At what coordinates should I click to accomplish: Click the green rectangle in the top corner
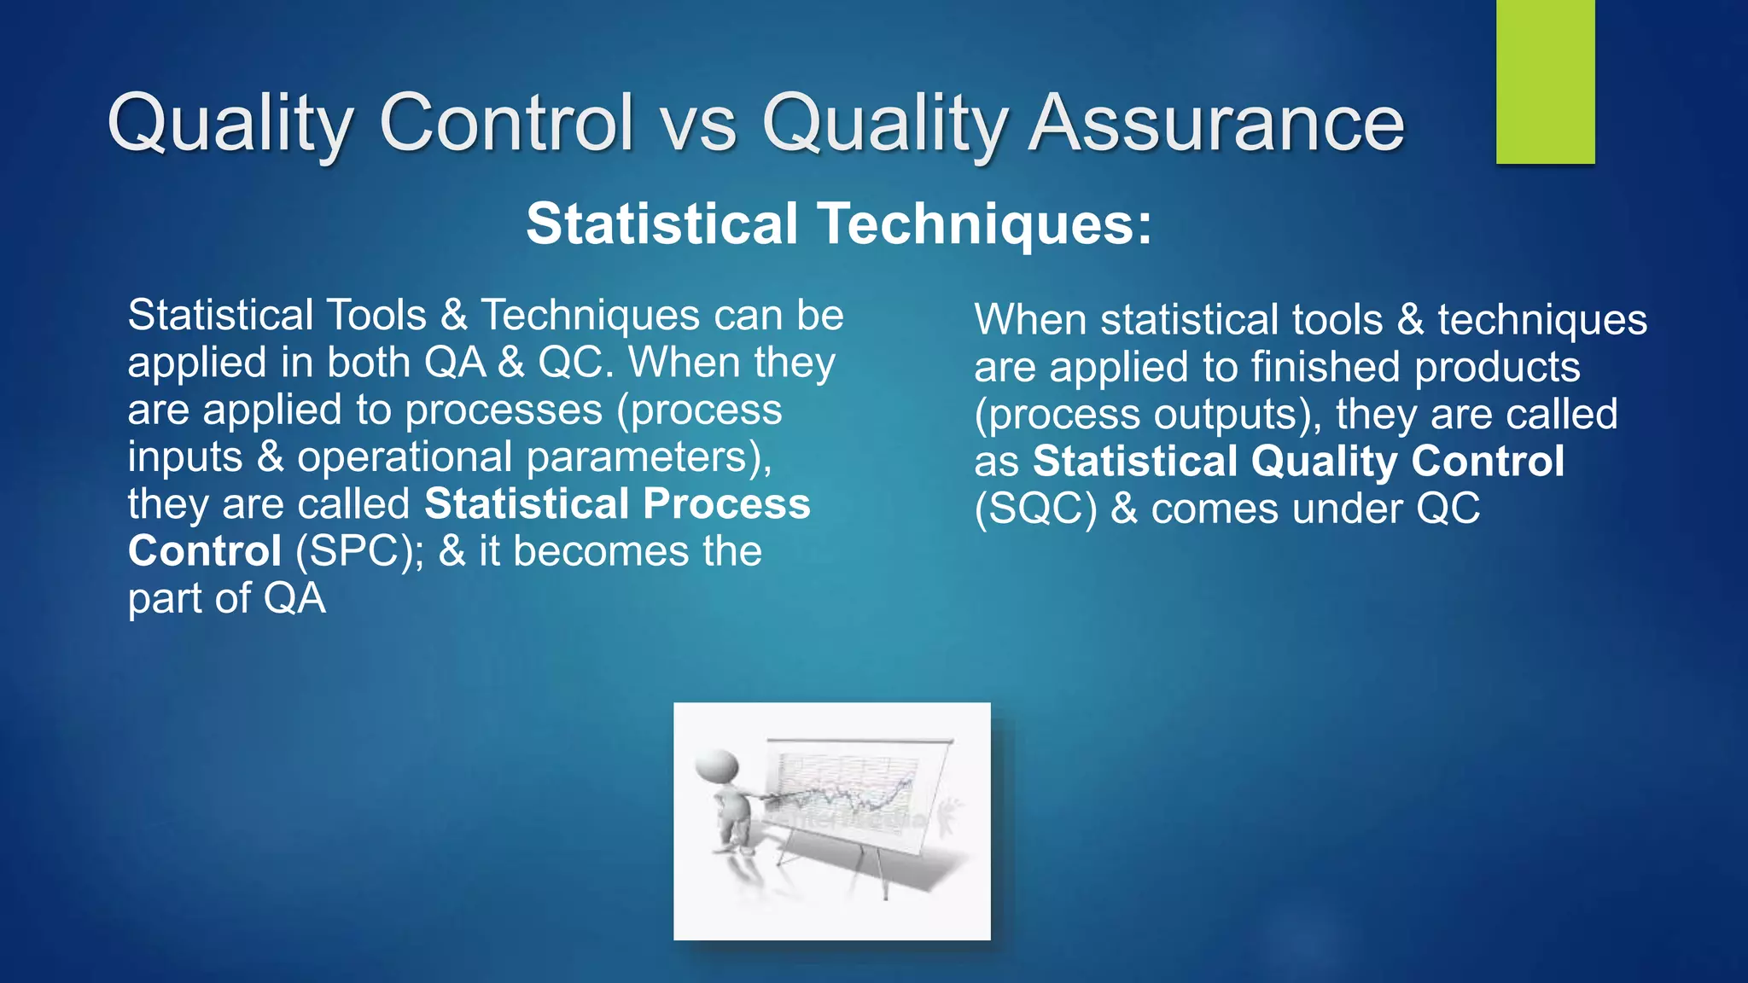pyautogui.click(x=1545, y=82)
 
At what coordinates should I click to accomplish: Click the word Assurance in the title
pyautogui.click(x=1215, y=124)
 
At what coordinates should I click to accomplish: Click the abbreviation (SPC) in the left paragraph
pyautogui.click(x=359, y=551)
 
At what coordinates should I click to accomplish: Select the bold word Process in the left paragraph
pyautogui.click(x=726, y=504)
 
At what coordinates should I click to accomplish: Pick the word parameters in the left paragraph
pyautogui.click(x=648, y=457)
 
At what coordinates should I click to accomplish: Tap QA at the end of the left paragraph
pyautogui.click(x=294, y=599)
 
